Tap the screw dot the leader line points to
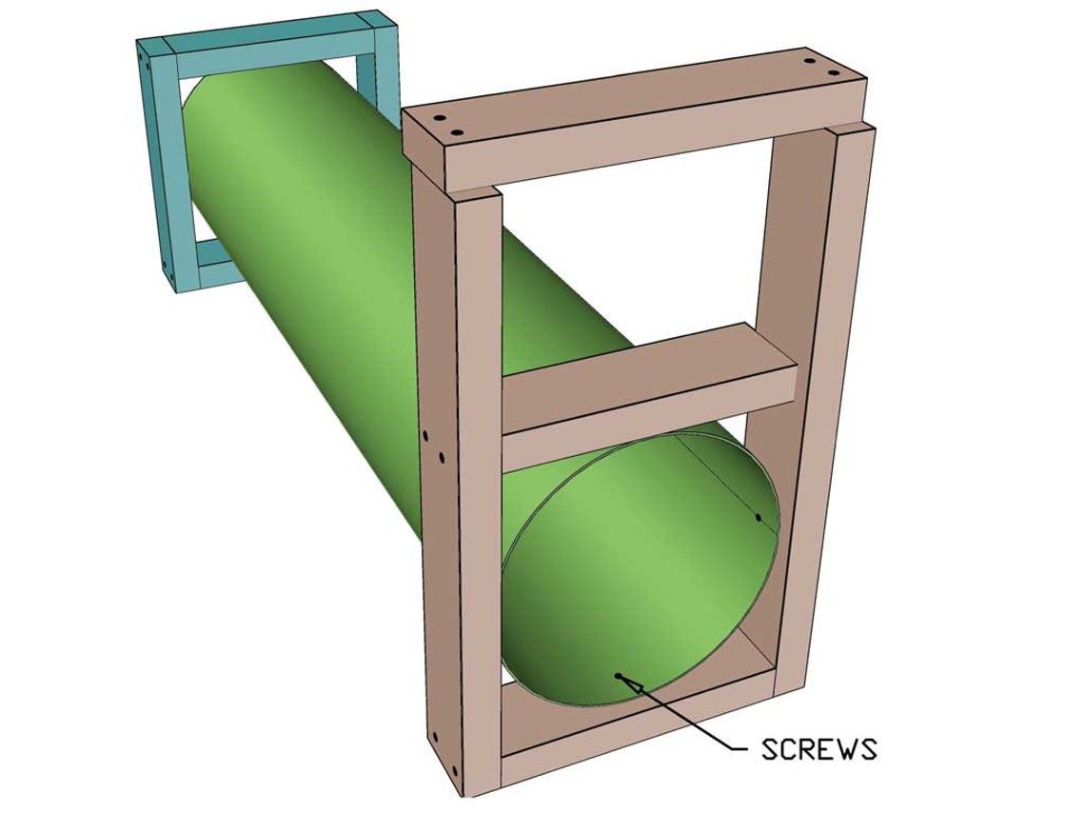(619, 676)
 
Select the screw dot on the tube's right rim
(758, 517)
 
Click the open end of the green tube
(638, 571)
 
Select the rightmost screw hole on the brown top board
(835, 73)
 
